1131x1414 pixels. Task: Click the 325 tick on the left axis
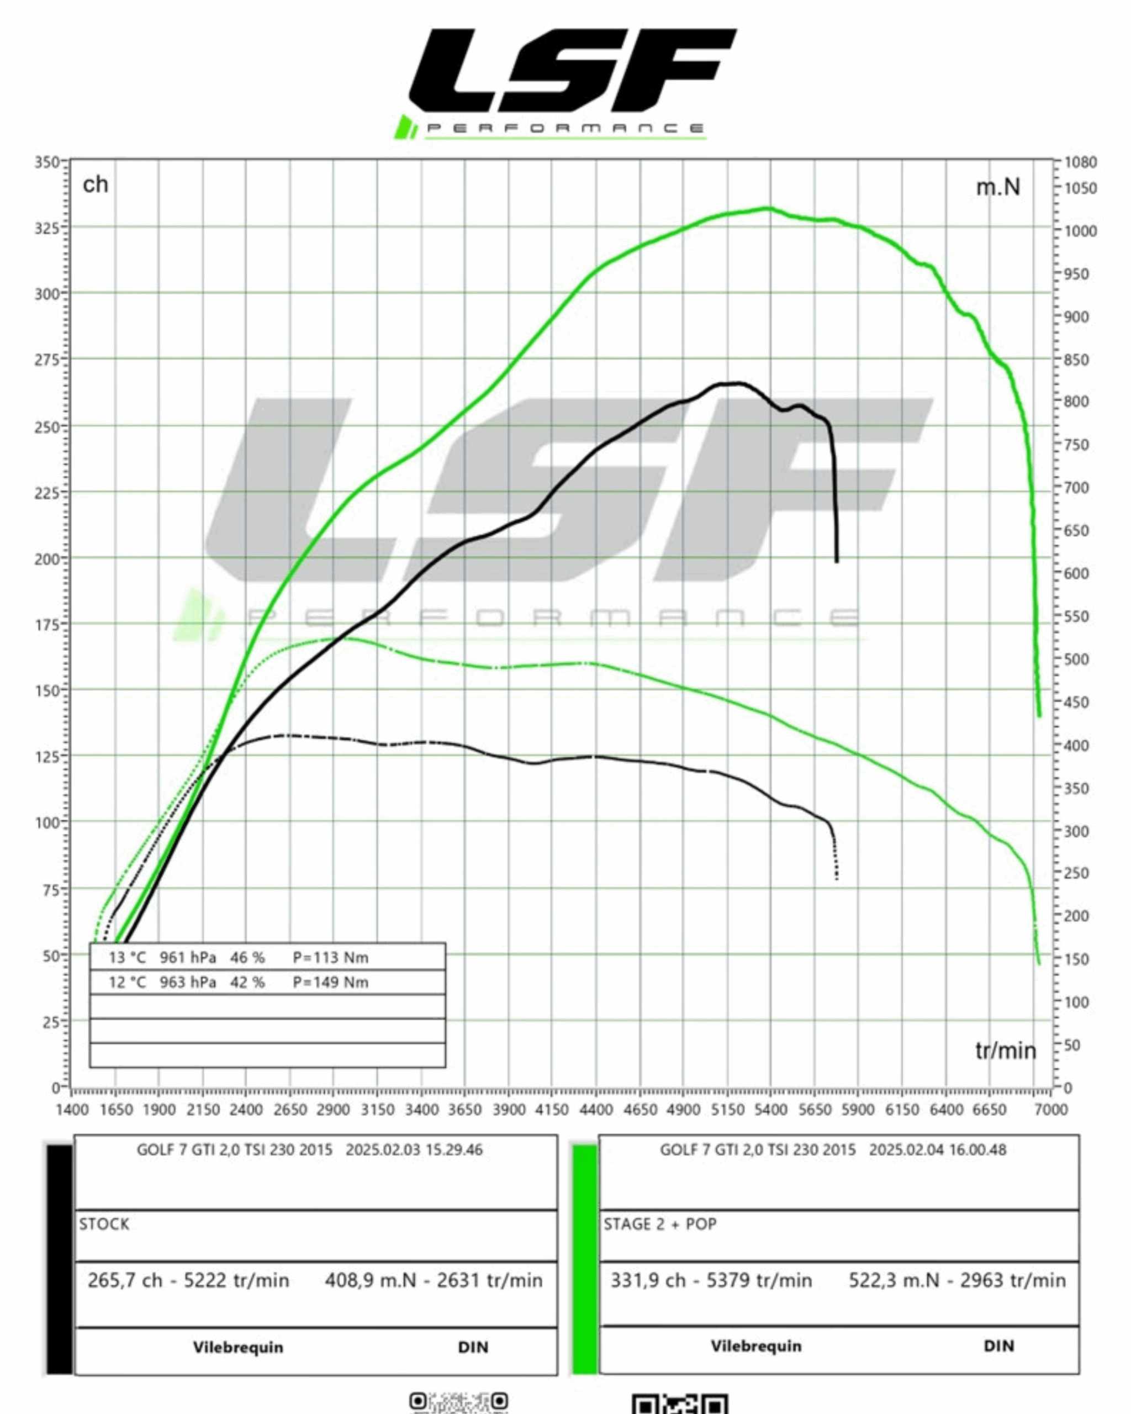(47, 228)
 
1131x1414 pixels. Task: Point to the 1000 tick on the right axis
(1079, 231)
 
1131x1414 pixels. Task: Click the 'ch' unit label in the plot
(95, 185)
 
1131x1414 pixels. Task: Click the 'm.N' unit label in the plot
(997, 188)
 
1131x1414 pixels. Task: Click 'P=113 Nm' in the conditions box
(330, 958)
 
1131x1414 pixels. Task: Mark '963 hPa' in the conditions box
(188, 983)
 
